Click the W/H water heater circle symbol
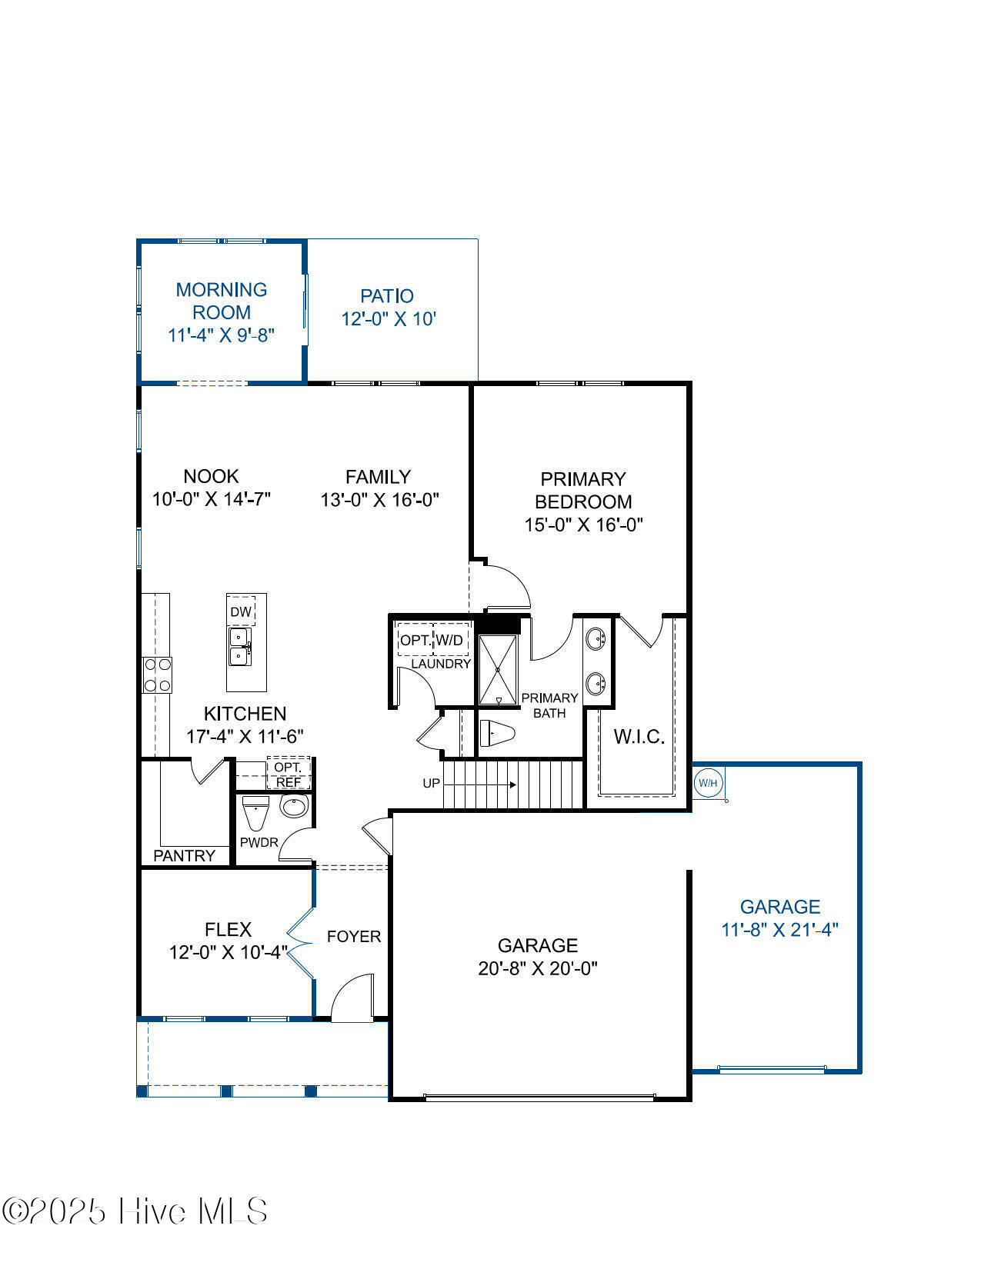coord(708,783)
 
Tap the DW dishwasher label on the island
coord(241,612)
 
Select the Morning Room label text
coord(222,301)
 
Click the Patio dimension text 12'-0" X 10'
coord(389,318)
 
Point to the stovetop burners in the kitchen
coord(157,675)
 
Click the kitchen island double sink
coord(239,647)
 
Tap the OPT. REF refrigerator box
coord(289,774)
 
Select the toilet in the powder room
coord(255,812)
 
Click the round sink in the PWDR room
coord(293,806)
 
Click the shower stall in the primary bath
coord(499,669)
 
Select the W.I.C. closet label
coord(639,737)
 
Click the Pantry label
coord(185,856)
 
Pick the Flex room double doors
coord(300,942)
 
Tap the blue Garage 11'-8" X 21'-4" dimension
coord(779,929)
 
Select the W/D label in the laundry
coord(450,640)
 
